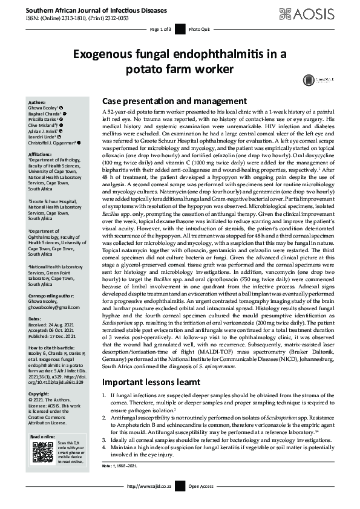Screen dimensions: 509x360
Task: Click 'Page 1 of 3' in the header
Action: click(x=160, y=29)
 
